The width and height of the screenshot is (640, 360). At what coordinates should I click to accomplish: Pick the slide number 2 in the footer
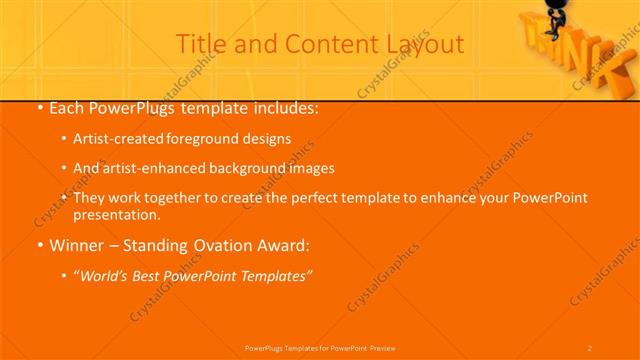click(590, 347)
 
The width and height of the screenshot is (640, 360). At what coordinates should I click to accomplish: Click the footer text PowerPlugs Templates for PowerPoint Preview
click(320, 347)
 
